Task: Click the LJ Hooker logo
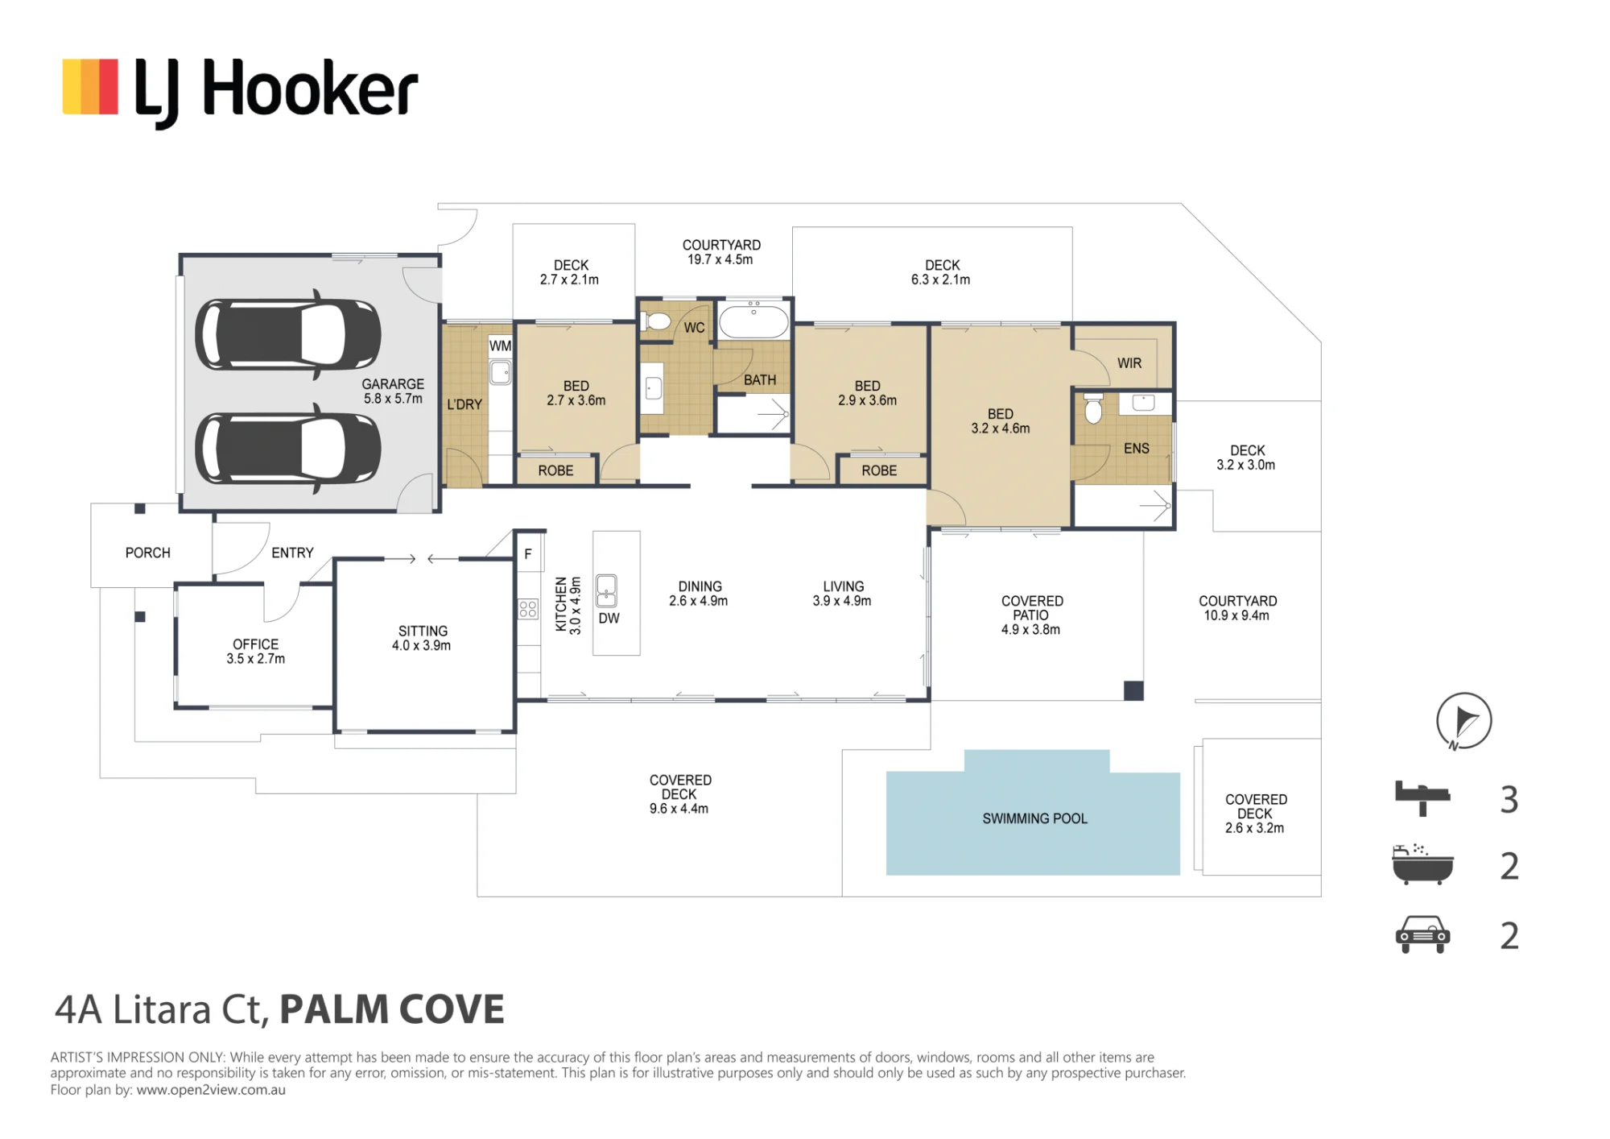[x=240, y=90]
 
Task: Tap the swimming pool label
[x=1034, y=818]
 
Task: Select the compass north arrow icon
[x=1463, y=721]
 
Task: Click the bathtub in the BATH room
[x=753, y=321]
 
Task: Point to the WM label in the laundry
[x=500, y=346]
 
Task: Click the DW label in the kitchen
[x=609, y=618]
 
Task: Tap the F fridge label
[x=528, y=554]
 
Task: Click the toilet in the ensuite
[x=1093, y=408]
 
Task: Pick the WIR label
[x=1129, y=363]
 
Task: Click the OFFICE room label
[x=255, y=651]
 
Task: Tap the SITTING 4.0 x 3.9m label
[x=422, y=638]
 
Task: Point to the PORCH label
[x=148, y=553]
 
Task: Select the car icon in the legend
[x=1422, y=934]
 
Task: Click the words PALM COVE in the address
[x=392, y=1009]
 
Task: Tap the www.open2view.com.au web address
[x=211, y=1090]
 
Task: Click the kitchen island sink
[x=606, y=590]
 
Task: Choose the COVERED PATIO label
[x=1031, y=615]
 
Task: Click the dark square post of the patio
[x=1133, y=690]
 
